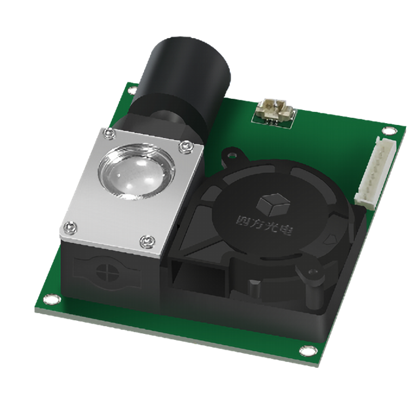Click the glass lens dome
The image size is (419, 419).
coord(137,172)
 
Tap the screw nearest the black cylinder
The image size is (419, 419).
coord(109,134)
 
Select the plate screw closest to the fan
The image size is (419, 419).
coord(186,147)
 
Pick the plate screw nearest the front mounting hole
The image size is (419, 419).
coord(71,228)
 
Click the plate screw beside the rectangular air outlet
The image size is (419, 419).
coord(147,242)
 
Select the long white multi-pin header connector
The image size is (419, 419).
coord(374,173)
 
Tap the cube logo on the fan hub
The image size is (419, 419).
coord(273,205)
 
